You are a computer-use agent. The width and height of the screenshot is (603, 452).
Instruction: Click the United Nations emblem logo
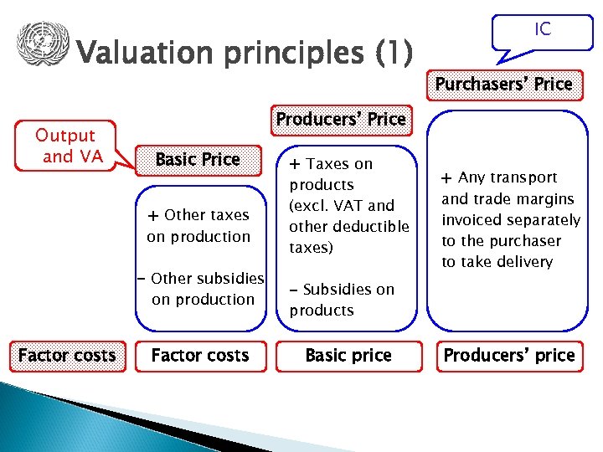tap(42, 44)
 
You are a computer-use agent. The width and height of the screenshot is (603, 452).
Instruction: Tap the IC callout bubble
tap(542, 31)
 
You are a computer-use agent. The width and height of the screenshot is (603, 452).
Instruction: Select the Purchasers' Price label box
tap(503, 84)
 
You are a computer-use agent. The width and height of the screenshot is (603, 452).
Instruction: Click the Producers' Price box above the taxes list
tap(341, 120)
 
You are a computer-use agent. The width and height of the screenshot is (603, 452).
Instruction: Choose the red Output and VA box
tap(64, 146)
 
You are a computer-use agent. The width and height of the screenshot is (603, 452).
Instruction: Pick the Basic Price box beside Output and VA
tap(198, 159)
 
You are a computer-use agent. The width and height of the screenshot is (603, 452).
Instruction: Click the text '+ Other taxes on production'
tap(198, 226)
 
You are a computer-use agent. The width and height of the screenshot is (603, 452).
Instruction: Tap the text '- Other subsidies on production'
tap(200, 289)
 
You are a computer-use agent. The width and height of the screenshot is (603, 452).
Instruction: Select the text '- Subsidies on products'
tap(342, 300)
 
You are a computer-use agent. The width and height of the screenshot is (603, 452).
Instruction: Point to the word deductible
tap(371, 227)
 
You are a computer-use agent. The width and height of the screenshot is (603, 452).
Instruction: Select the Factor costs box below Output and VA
tap(67, 355)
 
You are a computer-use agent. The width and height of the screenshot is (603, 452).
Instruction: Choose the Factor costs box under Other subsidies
tap(200, 355)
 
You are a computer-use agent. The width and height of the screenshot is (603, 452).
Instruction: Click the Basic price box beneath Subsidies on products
tap(348, 355)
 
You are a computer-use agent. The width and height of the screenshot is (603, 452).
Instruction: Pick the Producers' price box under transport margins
tap(509, 355)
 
